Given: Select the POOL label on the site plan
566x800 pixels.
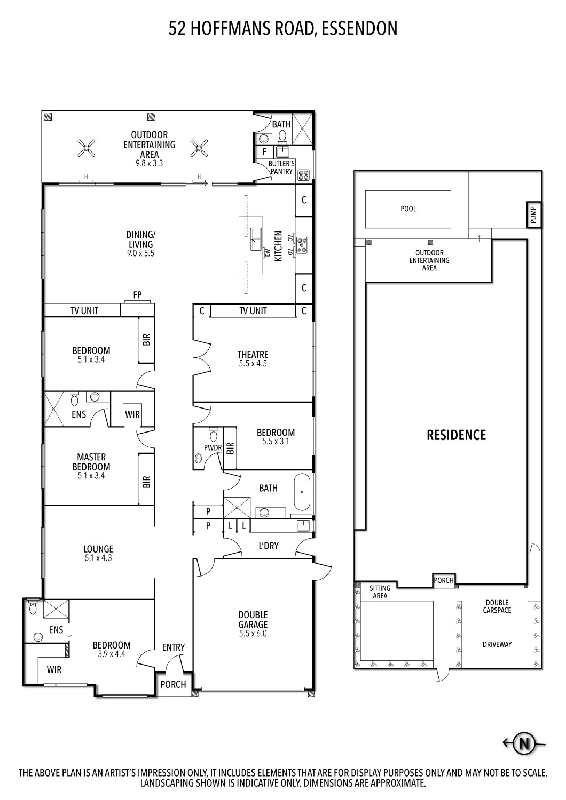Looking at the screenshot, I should click(408, 209).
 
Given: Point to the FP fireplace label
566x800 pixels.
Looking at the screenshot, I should click(137, 294).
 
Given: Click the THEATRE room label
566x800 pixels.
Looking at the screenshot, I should click(253, 355).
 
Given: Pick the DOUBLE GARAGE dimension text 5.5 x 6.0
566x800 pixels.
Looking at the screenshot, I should click(253, 634).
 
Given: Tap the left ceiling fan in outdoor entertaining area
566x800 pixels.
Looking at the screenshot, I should click(87, 148).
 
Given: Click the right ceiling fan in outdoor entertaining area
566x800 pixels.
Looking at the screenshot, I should click(199, 148).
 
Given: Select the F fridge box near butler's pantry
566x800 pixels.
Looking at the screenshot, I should click(264, 152).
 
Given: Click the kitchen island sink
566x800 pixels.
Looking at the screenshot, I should click(256, 235).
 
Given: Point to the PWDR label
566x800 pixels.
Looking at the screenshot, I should click(213, 447).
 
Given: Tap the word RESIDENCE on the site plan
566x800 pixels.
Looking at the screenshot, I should click(456, 435).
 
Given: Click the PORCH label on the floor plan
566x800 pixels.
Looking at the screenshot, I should click(173, 684).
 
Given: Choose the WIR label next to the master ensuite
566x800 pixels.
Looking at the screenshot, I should click(132, 414).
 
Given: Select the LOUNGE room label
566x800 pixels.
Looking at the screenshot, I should click(98, 549).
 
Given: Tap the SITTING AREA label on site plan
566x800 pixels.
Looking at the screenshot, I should click(380, 592).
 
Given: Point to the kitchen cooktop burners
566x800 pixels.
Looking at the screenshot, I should click(302, 244).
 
